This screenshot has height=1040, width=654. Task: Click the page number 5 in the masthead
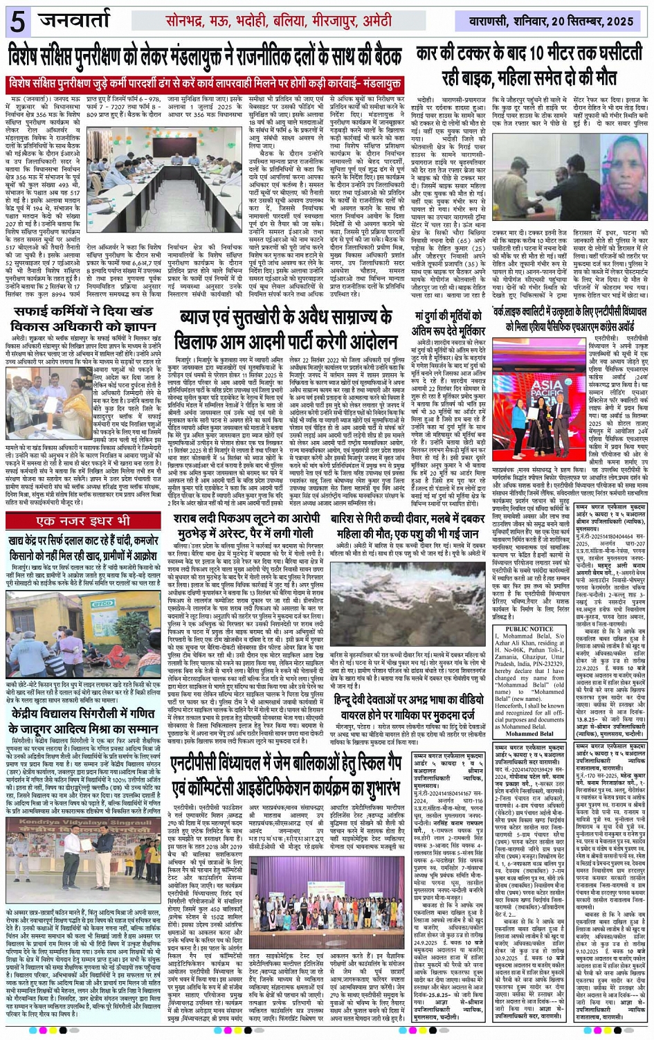17,21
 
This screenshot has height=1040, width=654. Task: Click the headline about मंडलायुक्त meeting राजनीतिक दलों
206,54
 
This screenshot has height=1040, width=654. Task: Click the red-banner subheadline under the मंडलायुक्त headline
206,84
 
